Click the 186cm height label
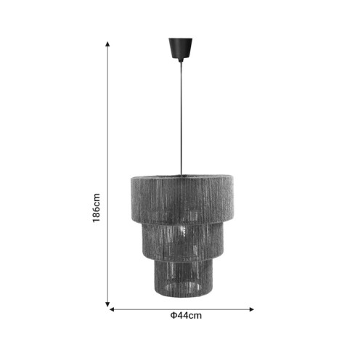point(96,208)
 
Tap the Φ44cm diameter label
point(186,316)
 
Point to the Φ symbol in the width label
point(173,316)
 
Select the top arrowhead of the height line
point(108,44)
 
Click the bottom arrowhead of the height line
point(108,304)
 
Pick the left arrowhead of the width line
point(112,309)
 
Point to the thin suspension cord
point(178,116)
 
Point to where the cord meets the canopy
point(178,61)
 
